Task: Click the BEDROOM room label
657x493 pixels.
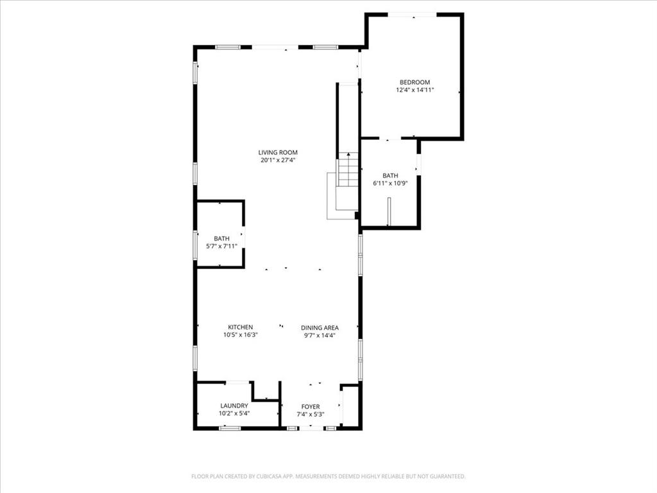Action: (x=414, y=82)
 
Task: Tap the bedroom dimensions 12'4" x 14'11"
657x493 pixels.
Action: (x=414, y=91)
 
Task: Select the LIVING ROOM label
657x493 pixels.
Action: (x=278, y=153)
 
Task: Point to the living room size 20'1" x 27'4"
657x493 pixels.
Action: (x=278, y=161)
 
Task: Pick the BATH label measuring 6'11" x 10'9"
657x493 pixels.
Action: (x=390, y=175)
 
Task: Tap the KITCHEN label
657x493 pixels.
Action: (x=241, y=327)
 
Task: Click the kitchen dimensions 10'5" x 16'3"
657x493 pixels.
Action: (x=241, y=335)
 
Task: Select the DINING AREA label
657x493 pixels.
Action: (x=320, y=327)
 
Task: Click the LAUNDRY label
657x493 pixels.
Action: (x=234, y=406)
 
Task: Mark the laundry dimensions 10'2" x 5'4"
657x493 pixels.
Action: (x=234, y=414)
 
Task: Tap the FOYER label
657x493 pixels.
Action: (x=311, y=406)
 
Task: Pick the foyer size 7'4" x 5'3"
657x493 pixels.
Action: (x=311, y=414)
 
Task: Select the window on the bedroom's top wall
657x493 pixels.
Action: (x=413, y=14)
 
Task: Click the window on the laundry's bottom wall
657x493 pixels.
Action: (x=229, y=428)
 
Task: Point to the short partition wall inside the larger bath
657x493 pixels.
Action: (x=389, y=212)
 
